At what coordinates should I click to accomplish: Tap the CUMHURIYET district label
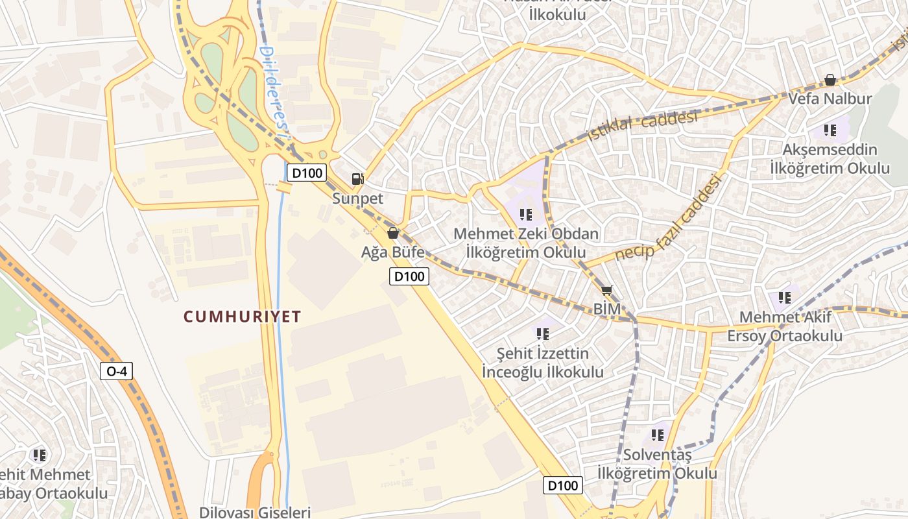[243, 317]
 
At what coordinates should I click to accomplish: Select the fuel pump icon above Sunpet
[357, 178]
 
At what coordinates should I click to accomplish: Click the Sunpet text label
[358, 199]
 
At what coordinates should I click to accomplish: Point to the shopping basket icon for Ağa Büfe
[393, 232]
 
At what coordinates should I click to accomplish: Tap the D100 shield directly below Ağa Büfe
[409, 276]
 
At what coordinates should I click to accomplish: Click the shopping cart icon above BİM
[606, 290]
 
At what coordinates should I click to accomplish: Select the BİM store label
[607, 309]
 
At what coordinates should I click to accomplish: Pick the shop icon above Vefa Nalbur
[830, 80]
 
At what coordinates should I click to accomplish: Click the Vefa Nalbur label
[830, 99]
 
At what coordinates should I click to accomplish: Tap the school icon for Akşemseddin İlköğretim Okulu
[830, 130]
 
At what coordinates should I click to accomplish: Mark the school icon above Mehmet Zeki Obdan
[526, 213]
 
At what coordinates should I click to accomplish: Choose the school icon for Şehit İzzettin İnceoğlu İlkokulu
[543, 333]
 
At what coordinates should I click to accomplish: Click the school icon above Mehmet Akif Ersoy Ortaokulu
[785, 297]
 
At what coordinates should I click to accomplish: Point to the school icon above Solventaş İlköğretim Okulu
[658, 435]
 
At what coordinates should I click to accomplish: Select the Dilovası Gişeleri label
[255, 512]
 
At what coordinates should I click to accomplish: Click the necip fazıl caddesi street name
[669, 218]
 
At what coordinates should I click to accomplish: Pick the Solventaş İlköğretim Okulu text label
[657, 464]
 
